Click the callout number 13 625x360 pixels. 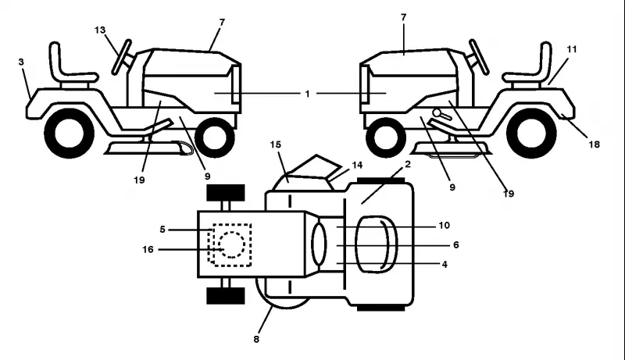pos(100,30)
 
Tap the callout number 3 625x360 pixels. pos(21,62)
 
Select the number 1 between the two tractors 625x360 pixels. pos(307,94)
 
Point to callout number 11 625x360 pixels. pos(572,49)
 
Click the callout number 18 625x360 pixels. pos(594,144)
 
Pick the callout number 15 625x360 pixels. pos(276,144)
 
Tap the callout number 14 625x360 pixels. pos(358,165)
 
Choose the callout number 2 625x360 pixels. pos(407,164)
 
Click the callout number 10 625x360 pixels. pos(445,226)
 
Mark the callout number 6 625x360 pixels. pos(456,245)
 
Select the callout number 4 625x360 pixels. pos(445,265)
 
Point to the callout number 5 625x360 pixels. pos(162,230)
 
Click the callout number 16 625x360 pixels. pos(148,250)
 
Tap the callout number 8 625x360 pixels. pos(256,339)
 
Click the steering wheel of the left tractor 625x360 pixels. pos(122,57)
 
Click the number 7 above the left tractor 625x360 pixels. pos(222,23)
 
